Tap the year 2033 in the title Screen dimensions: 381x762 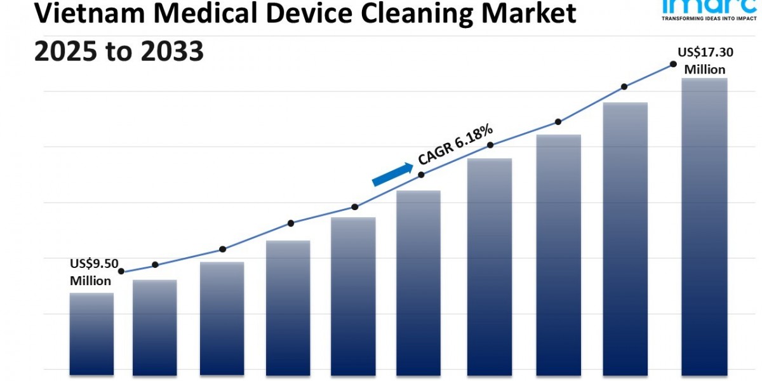(170, 51)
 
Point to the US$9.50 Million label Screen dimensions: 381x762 (93, 272)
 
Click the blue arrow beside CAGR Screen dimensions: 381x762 (392, 173)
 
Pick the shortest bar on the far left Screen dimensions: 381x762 (91, 333)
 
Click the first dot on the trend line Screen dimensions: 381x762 (121, 271)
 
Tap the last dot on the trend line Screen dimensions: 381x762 (672, 64)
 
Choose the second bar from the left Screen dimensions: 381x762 (155, 326)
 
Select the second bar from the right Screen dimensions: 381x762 (625, 237)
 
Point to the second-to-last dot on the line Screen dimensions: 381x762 (624, 86)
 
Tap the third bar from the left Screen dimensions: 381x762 (222, 317)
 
